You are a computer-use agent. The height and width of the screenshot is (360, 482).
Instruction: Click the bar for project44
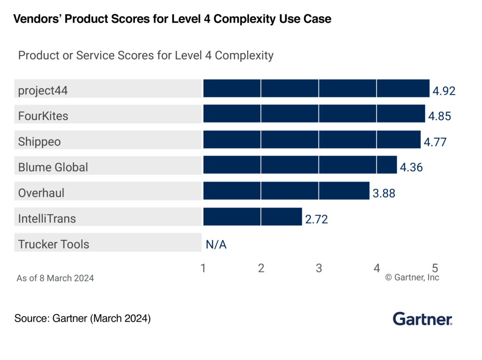(316, 88)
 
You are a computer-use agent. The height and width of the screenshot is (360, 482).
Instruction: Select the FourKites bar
(314, 114)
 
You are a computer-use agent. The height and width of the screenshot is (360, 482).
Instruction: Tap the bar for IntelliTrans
(252, 217)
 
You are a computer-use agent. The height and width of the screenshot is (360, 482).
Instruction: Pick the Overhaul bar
(286, 191)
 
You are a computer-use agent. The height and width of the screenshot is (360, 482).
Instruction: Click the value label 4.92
(444, 91)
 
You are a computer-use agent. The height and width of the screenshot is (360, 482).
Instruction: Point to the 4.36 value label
(411, 168)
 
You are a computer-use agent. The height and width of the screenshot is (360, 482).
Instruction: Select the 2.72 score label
(316, 219)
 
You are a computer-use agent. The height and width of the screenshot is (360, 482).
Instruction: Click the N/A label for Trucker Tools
(216, 245)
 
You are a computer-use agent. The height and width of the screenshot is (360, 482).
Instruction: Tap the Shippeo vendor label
(40, 141)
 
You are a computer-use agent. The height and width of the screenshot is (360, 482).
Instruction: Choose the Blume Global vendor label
(53, 167)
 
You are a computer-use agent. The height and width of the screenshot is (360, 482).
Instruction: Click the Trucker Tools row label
(54, 244)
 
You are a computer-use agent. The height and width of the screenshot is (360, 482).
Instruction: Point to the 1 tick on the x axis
(203, 268)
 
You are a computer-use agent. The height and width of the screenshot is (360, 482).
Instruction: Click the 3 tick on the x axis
(319, 268)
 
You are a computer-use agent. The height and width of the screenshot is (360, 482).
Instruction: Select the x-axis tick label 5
(434, 268)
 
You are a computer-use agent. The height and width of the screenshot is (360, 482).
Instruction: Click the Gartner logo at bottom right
(422, 319)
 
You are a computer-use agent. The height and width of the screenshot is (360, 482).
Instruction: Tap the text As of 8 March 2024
(55, 278)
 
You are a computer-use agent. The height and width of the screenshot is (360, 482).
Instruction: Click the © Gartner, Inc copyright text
(412, 278)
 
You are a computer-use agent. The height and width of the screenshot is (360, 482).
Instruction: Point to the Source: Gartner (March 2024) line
(82, 319)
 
